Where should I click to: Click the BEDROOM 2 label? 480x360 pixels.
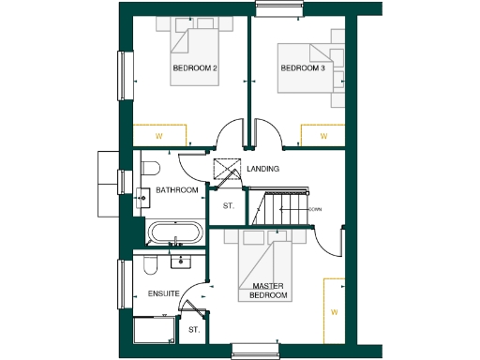[x=194, y=69]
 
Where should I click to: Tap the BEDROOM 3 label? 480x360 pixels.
[x=303, y=69]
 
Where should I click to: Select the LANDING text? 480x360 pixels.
[x=264, y=169]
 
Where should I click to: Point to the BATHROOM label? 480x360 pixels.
[x=176, y=190]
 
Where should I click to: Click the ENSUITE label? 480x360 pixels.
[x=163, y=294]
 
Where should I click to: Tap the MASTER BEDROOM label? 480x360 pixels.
[x=269, y=291]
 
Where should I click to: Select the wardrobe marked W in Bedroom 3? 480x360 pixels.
[x=323, y=136]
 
